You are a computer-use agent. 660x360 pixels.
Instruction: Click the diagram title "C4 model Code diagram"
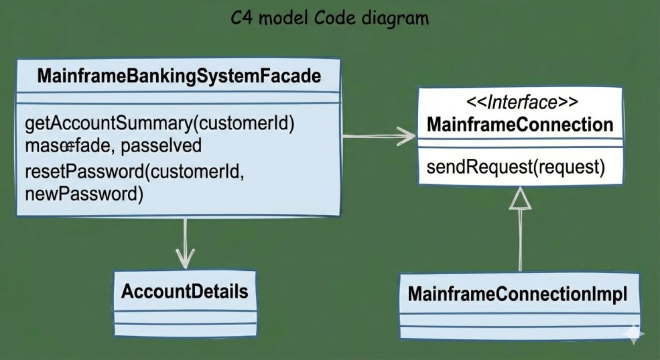[x=329, y=17]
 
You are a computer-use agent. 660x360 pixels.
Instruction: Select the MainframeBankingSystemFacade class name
[x=179, y=76]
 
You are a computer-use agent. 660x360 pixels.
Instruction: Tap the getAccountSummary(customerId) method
[x=160, y=124]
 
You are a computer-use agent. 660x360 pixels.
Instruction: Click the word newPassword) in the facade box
[x=84, y=194]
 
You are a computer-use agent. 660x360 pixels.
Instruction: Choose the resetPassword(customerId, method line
[x=135, y=171]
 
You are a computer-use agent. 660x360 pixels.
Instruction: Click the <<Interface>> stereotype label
[x=519, y=103]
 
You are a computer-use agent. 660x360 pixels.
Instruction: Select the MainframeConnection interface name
[x=519, y=125]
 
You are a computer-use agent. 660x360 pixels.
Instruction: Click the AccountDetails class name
[x=184, y=292]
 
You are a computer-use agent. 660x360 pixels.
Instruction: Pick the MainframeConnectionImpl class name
[x=517, y=294]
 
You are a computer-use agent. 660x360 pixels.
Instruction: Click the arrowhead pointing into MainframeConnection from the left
[x=406, y=137]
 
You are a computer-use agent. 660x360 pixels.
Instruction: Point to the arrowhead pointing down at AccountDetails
[x=184, y=257]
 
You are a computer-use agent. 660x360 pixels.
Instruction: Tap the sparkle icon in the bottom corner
[x=633, y=334]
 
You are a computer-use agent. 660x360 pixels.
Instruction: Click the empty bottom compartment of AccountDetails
[x=184, y=328]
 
